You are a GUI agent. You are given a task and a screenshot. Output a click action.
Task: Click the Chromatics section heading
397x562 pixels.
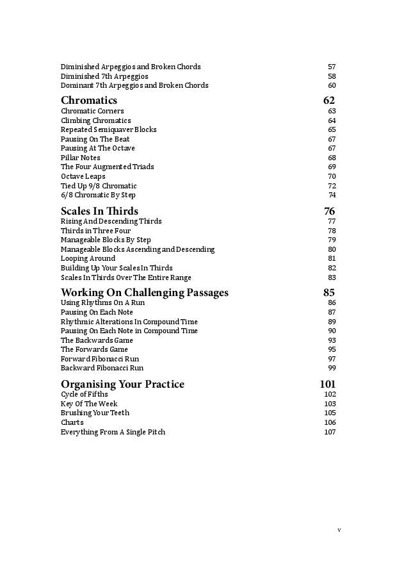click(89, 101)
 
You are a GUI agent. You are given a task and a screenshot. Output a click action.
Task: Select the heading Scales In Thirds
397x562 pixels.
click(99, 211)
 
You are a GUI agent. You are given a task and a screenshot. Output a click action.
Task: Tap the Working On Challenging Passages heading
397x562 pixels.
click(144, 293)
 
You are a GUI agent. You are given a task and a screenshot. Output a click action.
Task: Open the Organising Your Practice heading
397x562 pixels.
click(122, 384)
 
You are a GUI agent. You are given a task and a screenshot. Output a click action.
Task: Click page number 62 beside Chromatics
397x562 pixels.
click(329, 101)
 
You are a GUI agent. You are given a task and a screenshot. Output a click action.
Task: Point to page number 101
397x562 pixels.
click(327, 384)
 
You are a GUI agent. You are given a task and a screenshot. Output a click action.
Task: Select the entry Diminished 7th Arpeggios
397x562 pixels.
click(104, 76)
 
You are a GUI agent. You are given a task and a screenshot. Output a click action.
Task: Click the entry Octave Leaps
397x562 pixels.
click(83, 176)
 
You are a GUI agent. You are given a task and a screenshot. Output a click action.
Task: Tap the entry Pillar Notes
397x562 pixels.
click(81, 158)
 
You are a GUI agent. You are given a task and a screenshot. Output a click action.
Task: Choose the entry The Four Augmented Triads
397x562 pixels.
click(108, 167)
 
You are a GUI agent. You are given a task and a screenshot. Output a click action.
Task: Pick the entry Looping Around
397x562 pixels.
click(88, 259)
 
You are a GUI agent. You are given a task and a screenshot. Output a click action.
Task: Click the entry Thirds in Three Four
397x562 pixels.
click(95, 231)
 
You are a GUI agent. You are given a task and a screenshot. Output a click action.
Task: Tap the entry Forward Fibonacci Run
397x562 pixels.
click(100, 359)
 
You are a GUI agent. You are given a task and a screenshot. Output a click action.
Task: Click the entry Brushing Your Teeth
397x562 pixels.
click(95, 413)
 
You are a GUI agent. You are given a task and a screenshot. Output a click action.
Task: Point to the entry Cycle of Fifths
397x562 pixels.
click(85, 394)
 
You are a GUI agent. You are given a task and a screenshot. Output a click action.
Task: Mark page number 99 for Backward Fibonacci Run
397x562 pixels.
click(332, 368)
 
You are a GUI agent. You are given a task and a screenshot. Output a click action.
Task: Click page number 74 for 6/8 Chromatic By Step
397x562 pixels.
click(332, 195)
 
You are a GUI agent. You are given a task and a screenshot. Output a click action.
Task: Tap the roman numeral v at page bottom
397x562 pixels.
click(339, 530)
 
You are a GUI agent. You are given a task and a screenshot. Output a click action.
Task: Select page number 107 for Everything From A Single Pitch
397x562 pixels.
click(330, 432)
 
